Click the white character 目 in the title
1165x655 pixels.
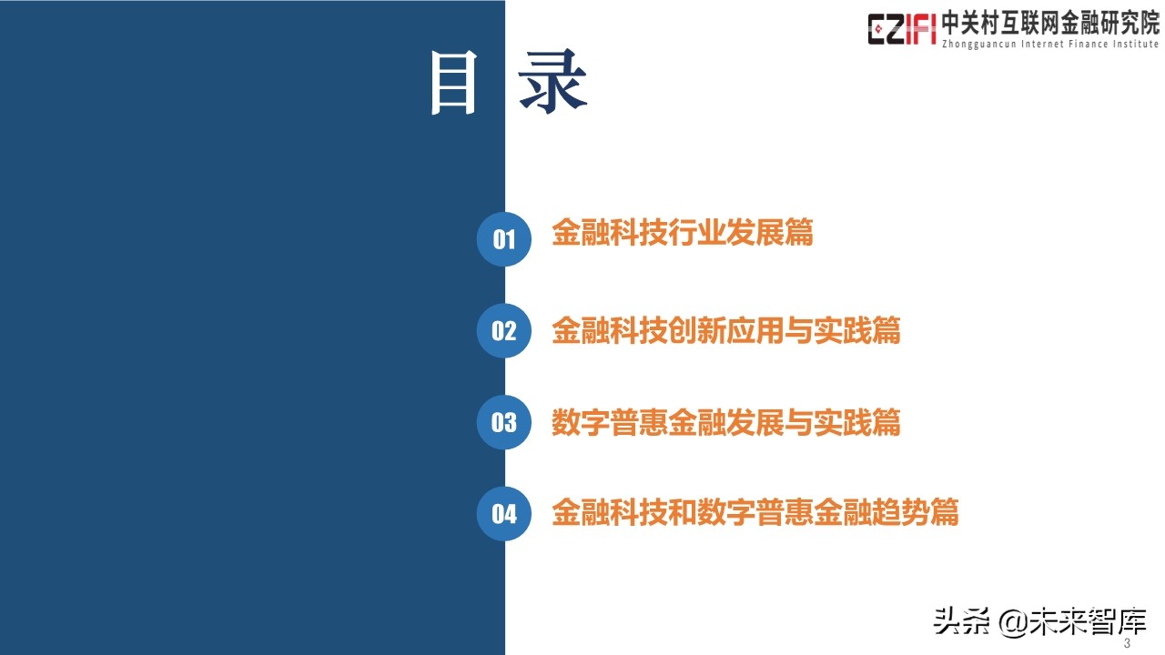click(x=454, y=83)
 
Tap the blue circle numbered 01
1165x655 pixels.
click(x=503, y=239)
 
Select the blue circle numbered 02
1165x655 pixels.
click(x=503, y=330)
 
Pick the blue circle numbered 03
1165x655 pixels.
click(x=503, y=422)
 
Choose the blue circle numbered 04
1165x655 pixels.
click(x=503, y=514)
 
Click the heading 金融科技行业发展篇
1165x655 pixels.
click(x=682, y=233)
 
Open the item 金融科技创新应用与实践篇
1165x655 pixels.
click(x=725, y=330)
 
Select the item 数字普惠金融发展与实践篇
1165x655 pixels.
click(x=725, y=422)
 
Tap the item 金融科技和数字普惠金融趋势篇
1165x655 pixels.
click(x=755, y=512)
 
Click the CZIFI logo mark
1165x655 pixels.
click(x=901, y=29)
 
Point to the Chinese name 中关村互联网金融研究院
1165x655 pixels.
click(x=1050, y=22)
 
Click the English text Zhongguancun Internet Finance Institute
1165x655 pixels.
click(x=1050, y=44)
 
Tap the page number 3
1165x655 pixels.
click(x=1128, y=644)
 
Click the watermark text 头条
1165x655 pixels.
click(x=961, y=621)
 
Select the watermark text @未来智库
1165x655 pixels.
click(x=1074, y=621)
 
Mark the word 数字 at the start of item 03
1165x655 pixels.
click(x=580, y=422)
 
